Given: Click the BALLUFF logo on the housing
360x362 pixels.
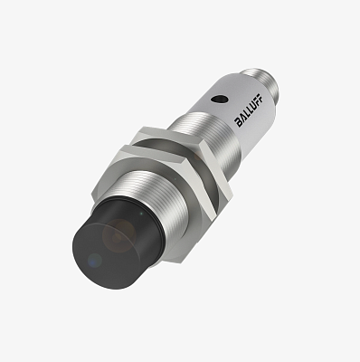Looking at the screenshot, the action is [249, 111].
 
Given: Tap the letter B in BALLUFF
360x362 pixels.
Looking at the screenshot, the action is [239, 122].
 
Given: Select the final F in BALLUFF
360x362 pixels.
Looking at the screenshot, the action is [261, 99].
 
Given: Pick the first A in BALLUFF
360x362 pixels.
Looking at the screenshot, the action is [242, 118].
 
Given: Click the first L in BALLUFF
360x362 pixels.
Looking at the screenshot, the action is [246, 114].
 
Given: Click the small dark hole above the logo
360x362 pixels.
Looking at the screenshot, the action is [219, 99].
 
